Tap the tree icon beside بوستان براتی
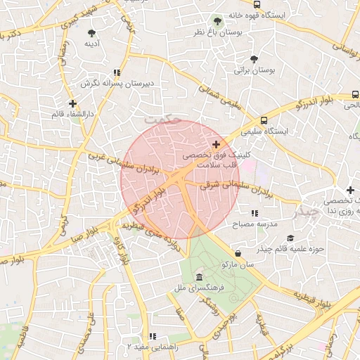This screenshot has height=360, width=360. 254,59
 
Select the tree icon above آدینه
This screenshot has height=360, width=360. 92,32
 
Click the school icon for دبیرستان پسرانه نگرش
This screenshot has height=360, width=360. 117,72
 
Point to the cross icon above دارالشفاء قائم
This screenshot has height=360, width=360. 72,103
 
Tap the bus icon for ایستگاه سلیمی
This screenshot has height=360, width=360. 264,120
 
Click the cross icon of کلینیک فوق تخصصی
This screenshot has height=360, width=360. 215,144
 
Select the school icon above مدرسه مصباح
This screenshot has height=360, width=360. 254,212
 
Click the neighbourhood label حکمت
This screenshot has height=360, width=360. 162,120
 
